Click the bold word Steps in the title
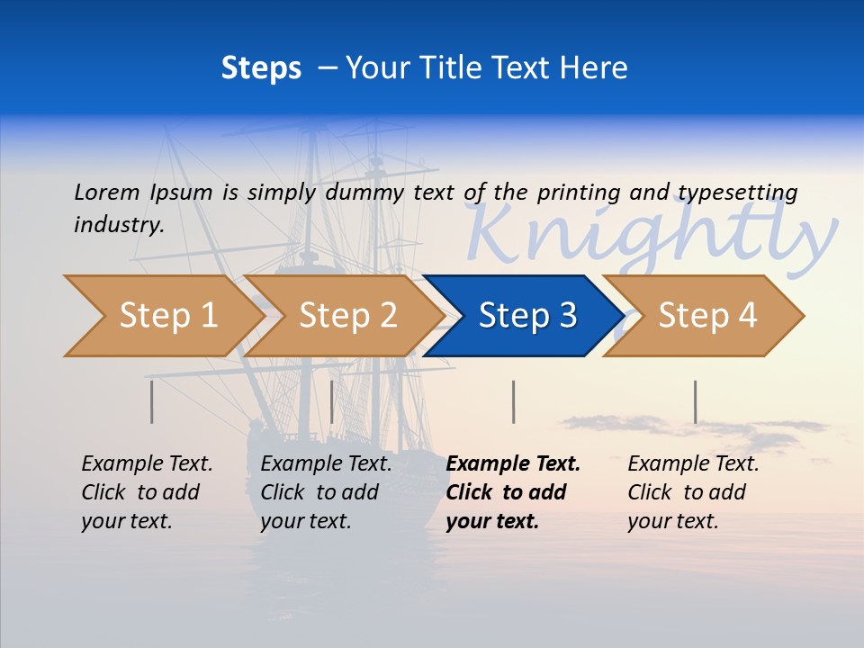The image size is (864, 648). click(x=261, y=68)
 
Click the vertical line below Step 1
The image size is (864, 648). click(x=152, y=401)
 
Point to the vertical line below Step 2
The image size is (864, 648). click(x=332, y=401)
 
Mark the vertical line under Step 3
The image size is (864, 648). click(x=513, y=401)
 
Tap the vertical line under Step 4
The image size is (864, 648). click(x=695, y=401)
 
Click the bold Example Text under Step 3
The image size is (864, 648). click(x=513, y=463)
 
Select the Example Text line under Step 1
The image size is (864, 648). click(x=147, y=463)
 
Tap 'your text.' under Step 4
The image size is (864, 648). click(x=672, y=521)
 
